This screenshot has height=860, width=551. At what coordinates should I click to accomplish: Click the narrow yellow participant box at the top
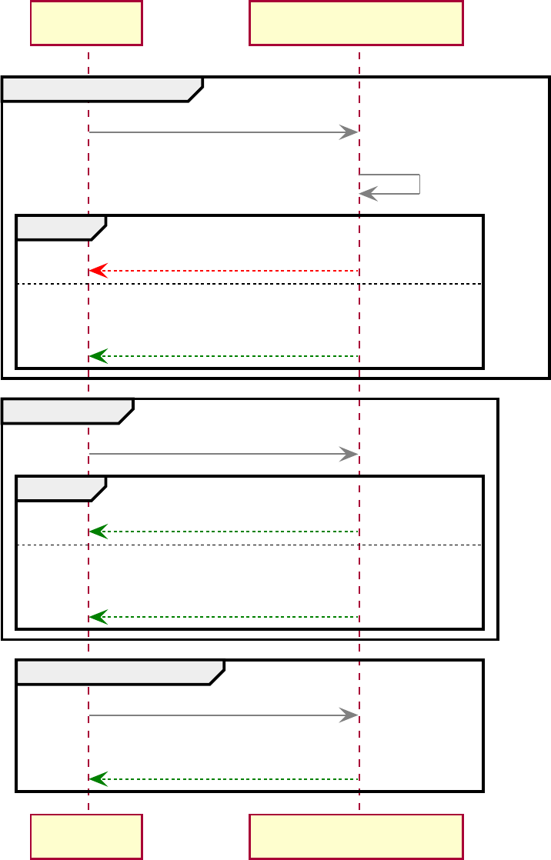86,23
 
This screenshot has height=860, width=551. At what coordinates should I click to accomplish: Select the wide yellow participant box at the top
356,23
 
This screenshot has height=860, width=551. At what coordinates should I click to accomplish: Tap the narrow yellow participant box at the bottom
86,836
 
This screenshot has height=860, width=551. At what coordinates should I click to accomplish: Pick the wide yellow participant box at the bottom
356,836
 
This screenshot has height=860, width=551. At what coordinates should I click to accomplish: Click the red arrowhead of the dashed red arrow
96,271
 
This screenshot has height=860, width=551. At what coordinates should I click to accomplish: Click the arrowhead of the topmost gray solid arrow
350,132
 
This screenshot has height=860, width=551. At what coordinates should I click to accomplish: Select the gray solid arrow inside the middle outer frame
223,454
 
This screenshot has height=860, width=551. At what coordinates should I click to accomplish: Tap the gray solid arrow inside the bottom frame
223,715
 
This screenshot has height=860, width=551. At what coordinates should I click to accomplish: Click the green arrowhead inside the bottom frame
96,779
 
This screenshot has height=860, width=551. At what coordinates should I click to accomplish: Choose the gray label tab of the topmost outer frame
100,89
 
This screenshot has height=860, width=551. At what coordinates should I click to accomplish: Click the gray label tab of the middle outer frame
66,411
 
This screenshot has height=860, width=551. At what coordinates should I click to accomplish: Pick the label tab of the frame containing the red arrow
59,228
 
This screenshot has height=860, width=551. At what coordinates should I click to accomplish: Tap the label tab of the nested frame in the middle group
59,488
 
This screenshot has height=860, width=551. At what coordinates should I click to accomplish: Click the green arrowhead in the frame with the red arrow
96,356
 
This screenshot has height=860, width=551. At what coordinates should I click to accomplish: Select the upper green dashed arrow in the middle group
223,532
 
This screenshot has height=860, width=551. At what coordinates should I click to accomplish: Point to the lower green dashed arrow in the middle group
223,617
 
